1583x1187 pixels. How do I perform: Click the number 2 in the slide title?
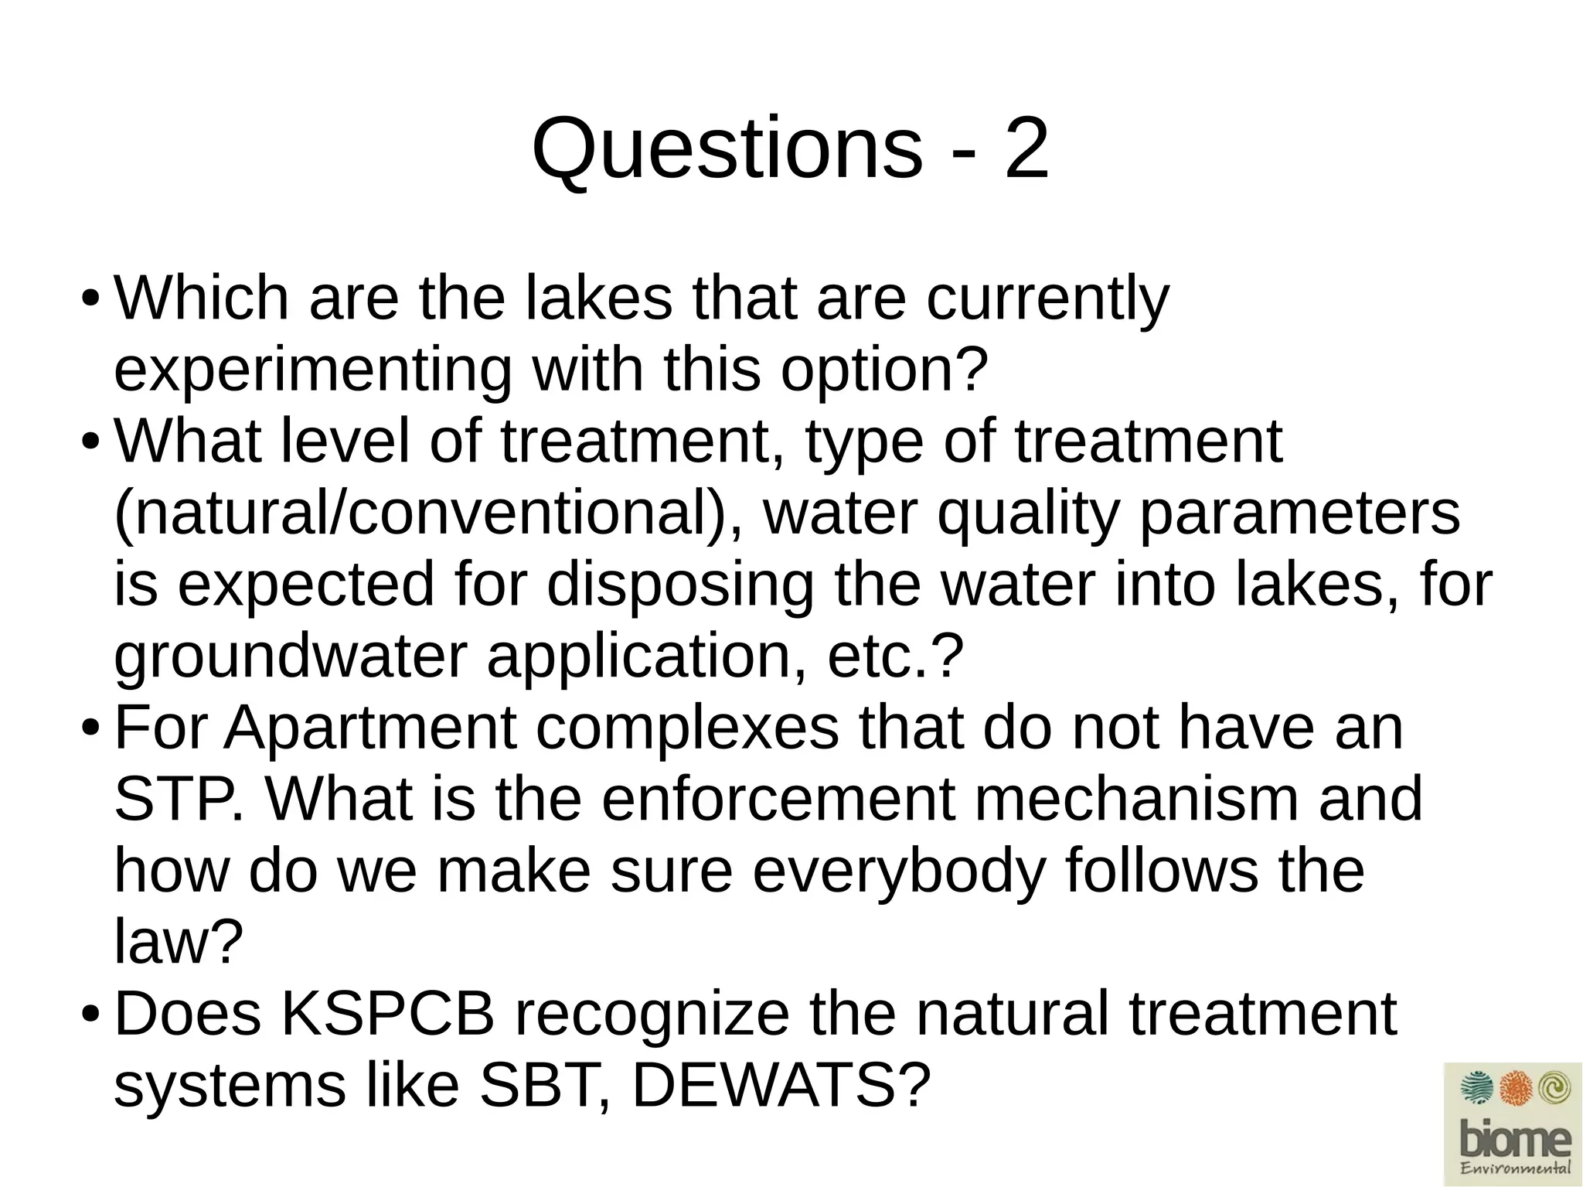[1026, 148]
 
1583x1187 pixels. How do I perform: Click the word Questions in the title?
[727, 149]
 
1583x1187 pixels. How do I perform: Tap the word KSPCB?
[387, 1014]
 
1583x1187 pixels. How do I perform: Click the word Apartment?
[370, 728]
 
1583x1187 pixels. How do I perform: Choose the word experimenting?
[312, 371]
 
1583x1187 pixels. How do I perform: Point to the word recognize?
[652, 1014]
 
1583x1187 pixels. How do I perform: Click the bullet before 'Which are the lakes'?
[90, 298]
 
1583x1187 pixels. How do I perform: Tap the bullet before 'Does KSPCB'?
[90, 1014]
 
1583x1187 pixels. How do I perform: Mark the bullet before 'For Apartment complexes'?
[90, 728]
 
